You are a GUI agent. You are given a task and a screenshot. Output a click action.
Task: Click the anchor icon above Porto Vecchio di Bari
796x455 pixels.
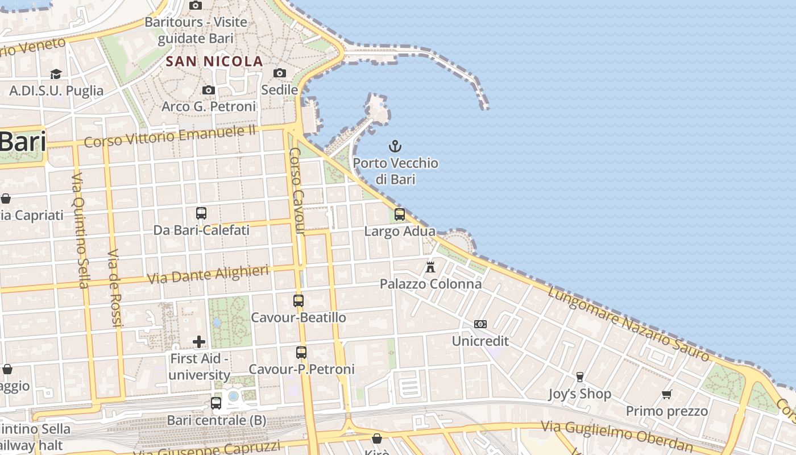[395, 147]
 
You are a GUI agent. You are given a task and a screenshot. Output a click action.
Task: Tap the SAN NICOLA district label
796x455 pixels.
[214, 61]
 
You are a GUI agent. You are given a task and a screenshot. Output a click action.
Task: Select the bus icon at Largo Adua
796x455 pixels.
[400, 214]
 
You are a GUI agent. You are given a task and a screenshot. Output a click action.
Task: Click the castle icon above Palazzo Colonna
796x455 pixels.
[430, 267]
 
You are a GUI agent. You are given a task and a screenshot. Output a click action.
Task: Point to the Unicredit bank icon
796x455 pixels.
[480, 324]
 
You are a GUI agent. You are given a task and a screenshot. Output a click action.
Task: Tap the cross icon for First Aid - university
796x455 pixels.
[199, 342]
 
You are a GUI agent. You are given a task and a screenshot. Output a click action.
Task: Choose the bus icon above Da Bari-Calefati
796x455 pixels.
[201, 213]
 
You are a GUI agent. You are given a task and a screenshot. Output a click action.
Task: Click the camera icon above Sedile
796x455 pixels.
[280, 73]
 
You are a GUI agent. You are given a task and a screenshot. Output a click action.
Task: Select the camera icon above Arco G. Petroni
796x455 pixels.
[209, 90]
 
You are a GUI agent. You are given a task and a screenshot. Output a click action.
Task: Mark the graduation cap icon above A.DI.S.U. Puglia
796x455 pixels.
[56, 74]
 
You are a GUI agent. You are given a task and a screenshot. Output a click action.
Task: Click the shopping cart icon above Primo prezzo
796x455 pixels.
[667, 394]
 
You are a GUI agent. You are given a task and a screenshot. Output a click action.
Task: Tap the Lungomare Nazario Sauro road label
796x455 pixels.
[628, 324]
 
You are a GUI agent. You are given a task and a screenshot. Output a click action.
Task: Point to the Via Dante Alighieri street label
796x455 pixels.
[208, 275]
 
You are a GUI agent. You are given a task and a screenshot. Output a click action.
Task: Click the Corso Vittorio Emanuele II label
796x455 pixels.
[170, 136]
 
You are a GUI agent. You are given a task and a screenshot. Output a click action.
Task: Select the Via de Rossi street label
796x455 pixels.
[115, 288]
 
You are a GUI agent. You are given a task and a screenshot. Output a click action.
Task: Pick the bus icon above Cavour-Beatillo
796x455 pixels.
[298, 300]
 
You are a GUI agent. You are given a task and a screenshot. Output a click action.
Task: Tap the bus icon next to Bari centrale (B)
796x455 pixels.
[216, 403]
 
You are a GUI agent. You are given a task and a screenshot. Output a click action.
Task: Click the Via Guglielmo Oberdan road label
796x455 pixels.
[617, 435]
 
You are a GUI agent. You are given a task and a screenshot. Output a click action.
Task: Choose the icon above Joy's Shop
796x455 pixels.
[580, 377]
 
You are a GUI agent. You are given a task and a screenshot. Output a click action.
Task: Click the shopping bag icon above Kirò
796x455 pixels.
[376, 438]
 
